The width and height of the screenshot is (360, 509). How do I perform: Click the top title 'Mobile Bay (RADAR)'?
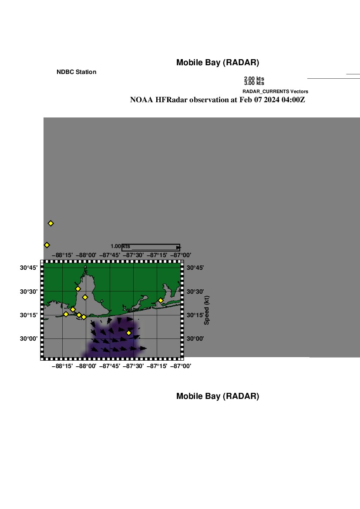coord(217,63)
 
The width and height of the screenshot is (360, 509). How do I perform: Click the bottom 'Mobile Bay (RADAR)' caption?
coord(217,396)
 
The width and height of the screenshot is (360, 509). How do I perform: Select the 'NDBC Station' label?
coord(76,72)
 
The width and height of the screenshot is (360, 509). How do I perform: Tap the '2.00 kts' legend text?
coord(254,79)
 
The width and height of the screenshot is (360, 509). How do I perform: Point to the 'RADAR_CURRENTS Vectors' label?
coord(275,91)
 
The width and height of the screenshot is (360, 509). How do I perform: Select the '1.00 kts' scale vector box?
coord(151,248)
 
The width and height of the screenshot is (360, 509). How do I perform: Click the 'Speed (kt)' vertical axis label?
coord(207,310)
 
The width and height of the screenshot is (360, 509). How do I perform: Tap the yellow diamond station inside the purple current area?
coord(129,333)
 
